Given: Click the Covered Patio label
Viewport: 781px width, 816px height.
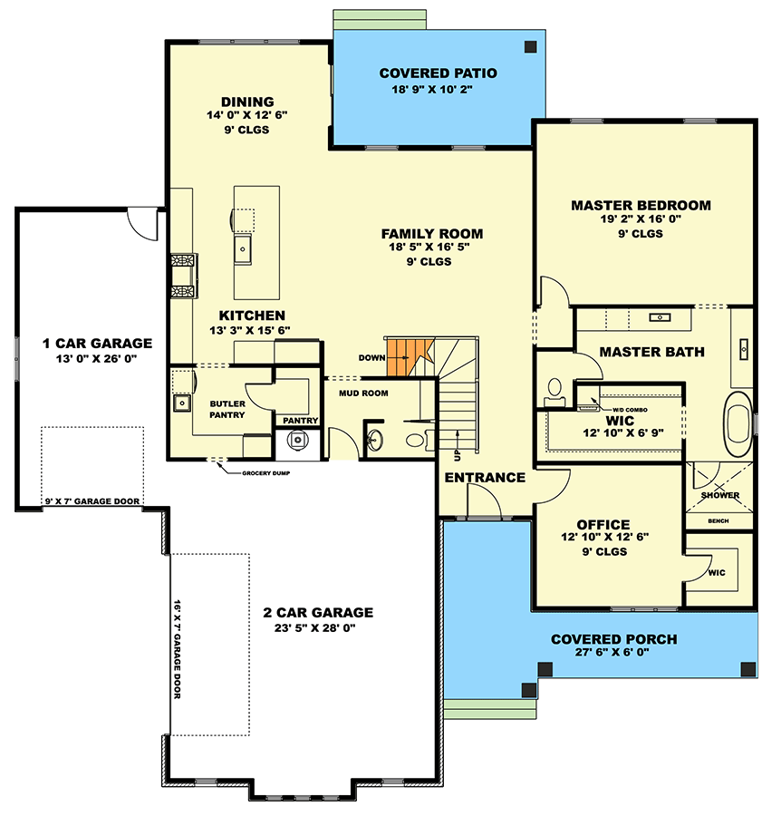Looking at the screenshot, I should point(438,73).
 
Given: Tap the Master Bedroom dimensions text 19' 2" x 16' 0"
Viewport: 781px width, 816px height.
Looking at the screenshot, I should point(641,219).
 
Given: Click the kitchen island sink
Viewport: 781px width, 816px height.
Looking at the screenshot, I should point(244,248).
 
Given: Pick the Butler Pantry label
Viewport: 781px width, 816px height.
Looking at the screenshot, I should point(227,409).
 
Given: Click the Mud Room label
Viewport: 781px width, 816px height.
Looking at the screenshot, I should point(363,393).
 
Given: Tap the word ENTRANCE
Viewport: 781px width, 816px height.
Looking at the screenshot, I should point(485,478).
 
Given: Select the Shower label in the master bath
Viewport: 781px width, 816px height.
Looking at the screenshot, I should point(720,495).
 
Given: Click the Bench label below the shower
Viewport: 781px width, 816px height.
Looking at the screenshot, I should point(718,521).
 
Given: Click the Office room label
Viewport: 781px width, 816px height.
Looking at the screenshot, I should point(603,524).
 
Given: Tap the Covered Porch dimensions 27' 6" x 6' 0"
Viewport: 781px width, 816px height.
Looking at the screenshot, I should point(613,655).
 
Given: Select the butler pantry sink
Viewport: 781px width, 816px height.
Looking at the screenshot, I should point(181,402).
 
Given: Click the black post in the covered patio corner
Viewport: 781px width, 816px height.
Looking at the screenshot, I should point(532,46).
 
